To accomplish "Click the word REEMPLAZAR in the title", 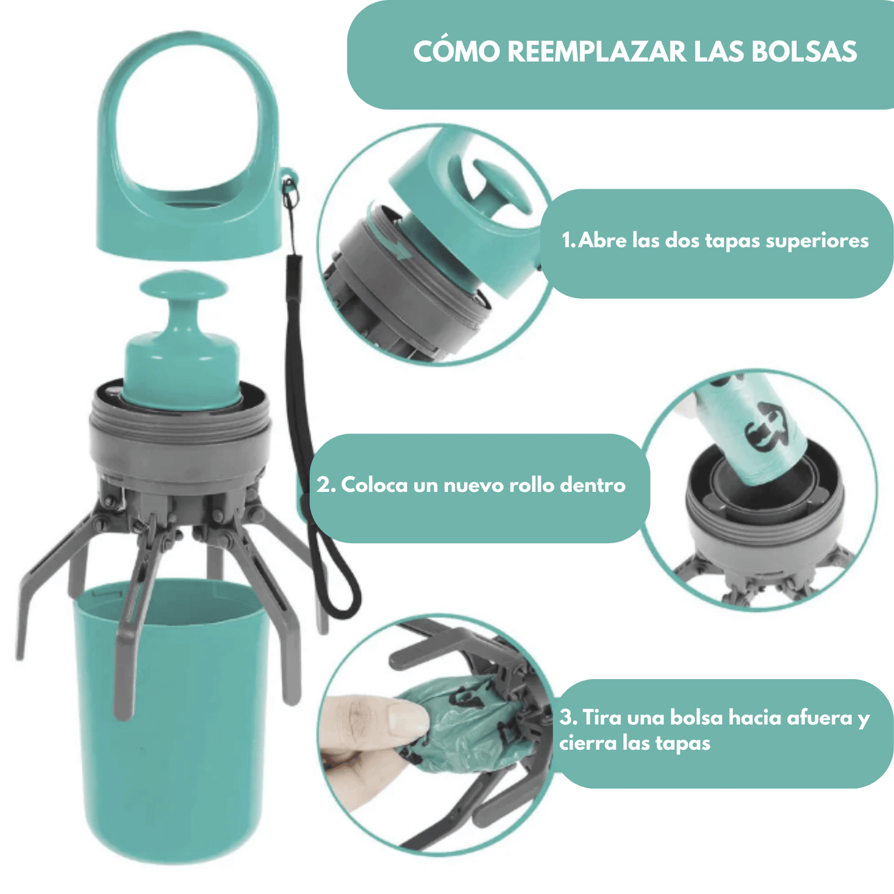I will pos(597,52).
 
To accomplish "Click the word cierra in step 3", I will pos(588,743).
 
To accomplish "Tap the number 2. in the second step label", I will pos(326,485).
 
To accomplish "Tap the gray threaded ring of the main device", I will pos(179,433).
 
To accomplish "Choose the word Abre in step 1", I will pos(603,241).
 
